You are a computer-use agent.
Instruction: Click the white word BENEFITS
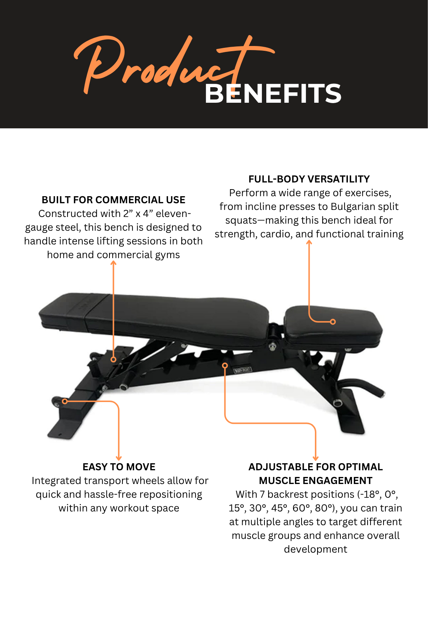(x=273, y=93)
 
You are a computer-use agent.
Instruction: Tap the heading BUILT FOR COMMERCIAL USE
(x=113, y=200)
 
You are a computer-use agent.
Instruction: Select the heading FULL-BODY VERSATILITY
(x=309, y=179)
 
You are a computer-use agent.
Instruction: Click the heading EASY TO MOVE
(x=119, y=467)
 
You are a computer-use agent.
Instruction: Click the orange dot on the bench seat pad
(x=333, y=322)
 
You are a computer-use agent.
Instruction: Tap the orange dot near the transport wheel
(x=65, y=401)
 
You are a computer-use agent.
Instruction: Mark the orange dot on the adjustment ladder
(x=225, y=365)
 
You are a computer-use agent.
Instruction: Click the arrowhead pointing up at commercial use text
(x=113, y=263)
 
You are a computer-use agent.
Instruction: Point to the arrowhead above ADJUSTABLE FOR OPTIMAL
(x=316, y=458)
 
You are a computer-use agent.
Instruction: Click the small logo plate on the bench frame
(x=243, y=370)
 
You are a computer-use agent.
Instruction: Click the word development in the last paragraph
(x=316, y=549)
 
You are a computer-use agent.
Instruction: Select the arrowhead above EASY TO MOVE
(x=119, y=458)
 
